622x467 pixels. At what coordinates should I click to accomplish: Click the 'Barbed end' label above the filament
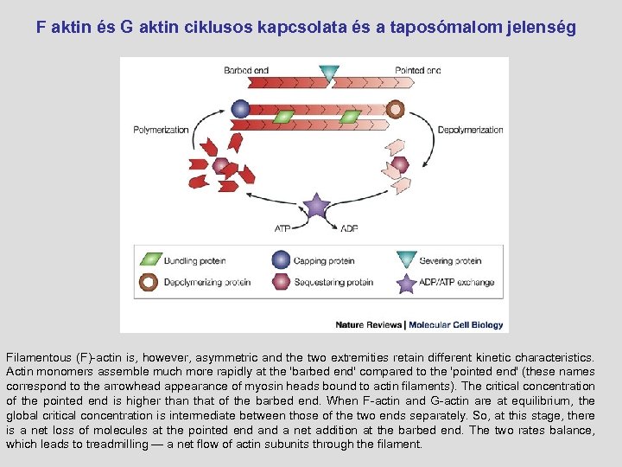click(245, 70)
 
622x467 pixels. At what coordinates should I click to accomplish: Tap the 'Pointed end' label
click(417, 70)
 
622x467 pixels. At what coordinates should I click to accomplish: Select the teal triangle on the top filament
click(328, 74)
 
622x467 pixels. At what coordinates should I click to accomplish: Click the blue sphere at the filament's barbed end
click(241, 109)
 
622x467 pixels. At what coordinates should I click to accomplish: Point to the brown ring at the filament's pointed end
click(395, 109)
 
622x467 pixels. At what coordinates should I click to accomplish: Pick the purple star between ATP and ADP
click(316, 207)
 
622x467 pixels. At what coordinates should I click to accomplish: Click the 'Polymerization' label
click(161, 130)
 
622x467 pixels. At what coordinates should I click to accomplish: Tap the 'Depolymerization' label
click(470, 130)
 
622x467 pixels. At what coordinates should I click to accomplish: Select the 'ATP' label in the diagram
click(282, 228)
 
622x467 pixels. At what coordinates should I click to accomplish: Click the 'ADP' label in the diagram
click(349, 228)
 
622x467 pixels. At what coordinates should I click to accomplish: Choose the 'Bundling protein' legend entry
click(191, 259)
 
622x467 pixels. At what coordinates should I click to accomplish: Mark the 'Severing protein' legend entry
click(450, 259)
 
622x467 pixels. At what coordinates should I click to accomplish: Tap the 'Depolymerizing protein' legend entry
click(207, 282)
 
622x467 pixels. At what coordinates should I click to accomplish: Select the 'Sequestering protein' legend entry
click(333, 282)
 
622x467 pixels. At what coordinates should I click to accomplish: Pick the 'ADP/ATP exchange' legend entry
click(456, 282)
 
